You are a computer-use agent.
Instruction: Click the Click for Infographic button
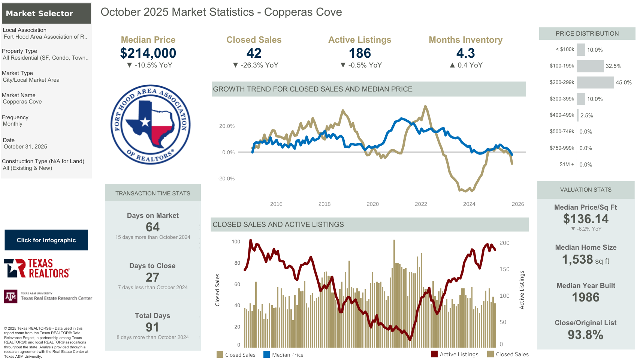pos(46,240)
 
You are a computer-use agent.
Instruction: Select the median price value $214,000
pos(148,53)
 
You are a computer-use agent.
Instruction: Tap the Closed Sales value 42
pos(254,53)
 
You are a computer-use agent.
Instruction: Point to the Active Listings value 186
pos(360,53)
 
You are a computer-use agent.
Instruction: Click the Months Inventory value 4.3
pos(465,53)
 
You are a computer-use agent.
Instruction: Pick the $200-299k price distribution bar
pos(595,82)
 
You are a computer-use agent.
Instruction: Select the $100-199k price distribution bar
pos(590,66)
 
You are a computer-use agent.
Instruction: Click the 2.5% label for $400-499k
pos(586,115)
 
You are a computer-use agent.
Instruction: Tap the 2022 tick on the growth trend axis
pos(421,204)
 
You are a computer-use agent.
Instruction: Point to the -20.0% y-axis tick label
pos(226,178)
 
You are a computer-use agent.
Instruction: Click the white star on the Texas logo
pos(145,122)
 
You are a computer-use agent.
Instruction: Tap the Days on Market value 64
pos(153,227)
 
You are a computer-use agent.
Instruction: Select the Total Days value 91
pos(152,327)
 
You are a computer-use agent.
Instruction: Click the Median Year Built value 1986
pos(585,297)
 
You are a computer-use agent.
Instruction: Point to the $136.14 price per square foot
pos(586,219)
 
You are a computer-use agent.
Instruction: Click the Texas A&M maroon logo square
pos(10,297)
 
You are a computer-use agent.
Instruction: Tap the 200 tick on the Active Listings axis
pos(504,243)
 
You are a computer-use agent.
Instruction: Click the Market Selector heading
pos(39,13)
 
